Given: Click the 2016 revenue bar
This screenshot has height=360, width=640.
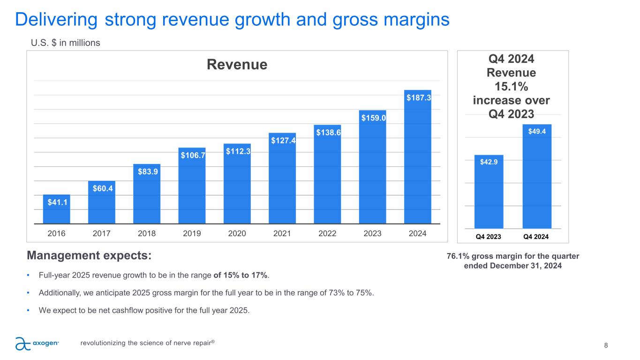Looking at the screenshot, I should [x=56, y=209].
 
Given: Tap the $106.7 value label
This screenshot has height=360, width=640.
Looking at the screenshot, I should [x=192, y=155].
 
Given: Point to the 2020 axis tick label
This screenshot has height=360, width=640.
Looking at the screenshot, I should [x=237, y=233].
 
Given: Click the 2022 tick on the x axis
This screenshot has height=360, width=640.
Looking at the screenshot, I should [x=327, y=233].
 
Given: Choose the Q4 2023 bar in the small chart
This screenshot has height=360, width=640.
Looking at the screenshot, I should [x=489, y=192].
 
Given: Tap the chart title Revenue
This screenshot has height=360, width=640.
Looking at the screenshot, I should [x=237, y=65].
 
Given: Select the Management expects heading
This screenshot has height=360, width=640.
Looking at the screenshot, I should [x=90, y=256].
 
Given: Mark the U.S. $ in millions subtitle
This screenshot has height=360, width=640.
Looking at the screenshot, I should [x=65, y=43].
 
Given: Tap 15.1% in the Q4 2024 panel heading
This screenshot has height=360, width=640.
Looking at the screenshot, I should [x=512, y=87].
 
